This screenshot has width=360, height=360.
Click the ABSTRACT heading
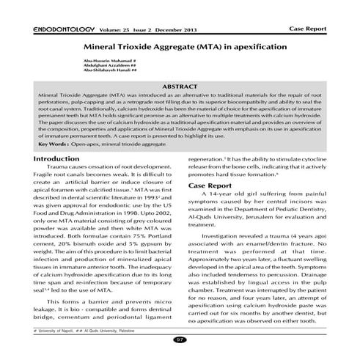(180, 87)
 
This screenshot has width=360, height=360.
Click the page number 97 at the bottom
(180, 340)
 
